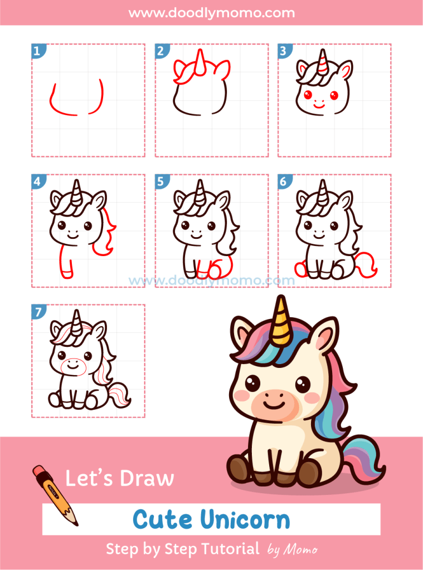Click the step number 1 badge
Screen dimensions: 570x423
pyautogui.click(x=37, y=52)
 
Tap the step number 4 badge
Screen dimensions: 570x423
pyautogui.click(x=37, y=181)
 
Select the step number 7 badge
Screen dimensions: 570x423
pyautogui.click(x=37, y=312)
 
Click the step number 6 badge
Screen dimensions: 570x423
pyautogui.click(x=284, y=181)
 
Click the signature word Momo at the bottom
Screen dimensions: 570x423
pyautogui.click(x=301, y=550)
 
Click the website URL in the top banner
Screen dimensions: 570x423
pyautogui.click(x=212, y=12)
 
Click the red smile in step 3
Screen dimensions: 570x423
pyautogui.click(x=318, y=104)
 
